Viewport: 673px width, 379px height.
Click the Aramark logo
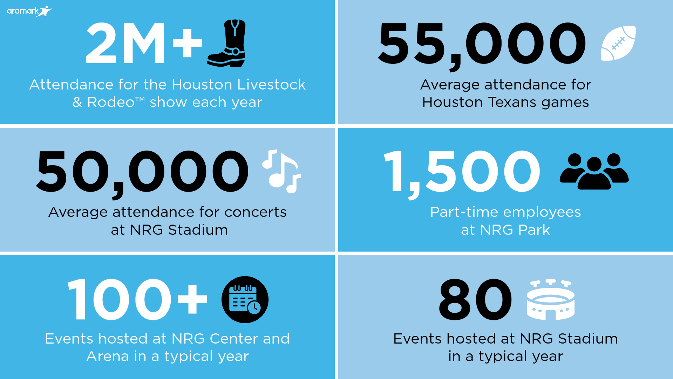click(x=29, y=11)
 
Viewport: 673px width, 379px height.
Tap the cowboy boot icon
click(x=227, y=43)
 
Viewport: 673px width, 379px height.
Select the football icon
click(x=618, y=43)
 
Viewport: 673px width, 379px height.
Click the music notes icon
click(x=282, y=171)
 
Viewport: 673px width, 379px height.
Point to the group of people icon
click(x=594, y=171)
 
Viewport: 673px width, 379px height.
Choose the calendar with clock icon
click(x=245, y=299)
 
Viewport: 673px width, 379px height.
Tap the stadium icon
click(x=550, y=299)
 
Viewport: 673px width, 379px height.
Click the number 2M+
click(x=144, y=43)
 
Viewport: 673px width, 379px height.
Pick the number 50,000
click(x=142, y=174)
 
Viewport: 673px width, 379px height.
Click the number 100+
click(x=137, y=299)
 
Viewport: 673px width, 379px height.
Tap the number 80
click(x=475, y=299)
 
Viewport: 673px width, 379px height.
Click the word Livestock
click(x=271, y=85)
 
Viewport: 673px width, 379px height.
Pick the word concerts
click(x=255, y=212)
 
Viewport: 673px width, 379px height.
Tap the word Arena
click(x=108, y=356)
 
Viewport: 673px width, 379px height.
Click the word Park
click(x=534, y=230)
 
